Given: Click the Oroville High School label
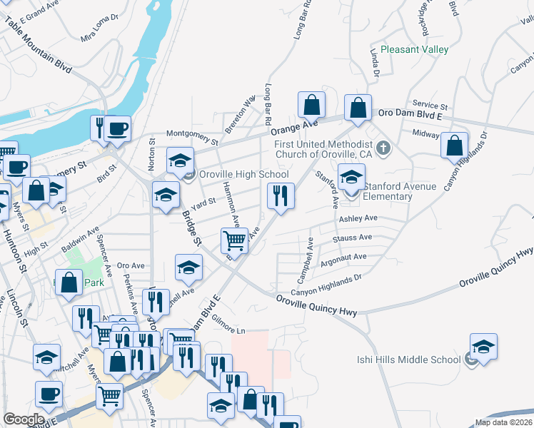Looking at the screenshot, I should (243, 175).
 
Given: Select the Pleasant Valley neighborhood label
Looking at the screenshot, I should (414, 49).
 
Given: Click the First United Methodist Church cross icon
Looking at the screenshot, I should (383, 148).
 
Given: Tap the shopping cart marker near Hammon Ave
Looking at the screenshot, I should (235, 243).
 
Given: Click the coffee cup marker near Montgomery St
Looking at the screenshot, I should (118, 129).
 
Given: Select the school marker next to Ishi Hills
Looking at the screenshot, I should (483, 347).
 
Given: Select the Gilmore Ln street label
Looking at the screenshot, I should (228, 329).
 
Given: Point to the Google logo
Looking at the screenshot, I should (24, 419).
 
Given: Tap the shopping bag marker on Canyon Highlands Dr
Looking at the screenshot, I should (455, 146).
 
